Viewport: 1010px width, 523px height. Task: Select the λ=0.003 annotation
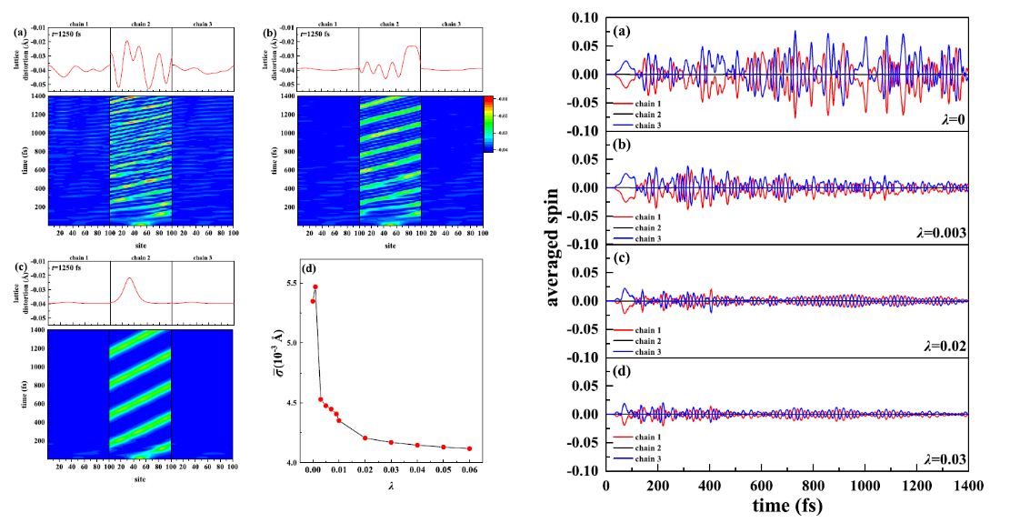(940, 233)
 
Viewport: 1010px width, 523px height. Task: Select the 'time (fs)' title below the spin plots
(786, 506)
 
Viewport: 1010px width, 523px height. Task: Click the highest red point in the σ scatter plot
(315, 287)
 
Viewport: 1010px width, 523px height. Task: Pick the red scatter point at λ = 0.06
(469, 448)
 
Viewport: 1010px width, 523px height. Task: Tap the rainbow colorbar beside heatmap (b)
(489, 124)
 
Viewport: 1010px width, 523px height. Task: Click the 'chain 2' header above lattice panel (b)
(388, 24)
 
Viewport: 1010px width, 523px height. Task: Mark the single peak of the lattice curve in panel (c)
(130, 278)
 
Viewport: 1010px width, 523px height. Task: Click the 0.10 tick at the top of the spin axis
(581, 17)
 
